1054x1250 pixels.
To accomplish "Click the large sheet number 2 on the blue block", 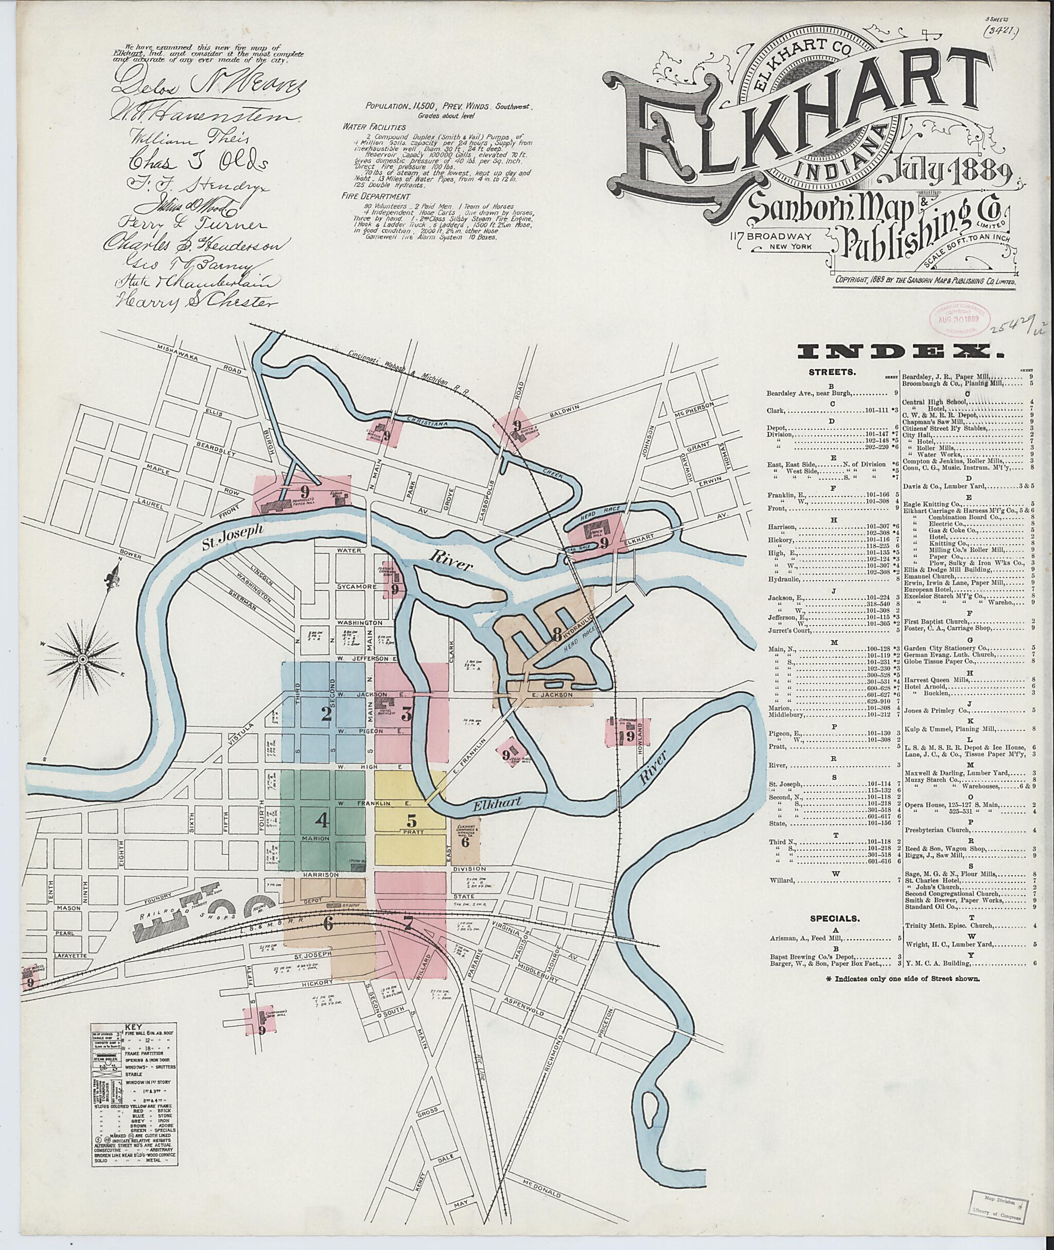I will pyautogui.click(x=326, y=714).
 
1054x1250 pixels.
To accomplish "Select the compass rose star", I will pyautogui.click(x=83, y=658).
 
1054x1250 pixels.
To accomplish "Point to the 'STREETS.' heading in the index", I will pyautogui.click(x=833, y=372).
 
